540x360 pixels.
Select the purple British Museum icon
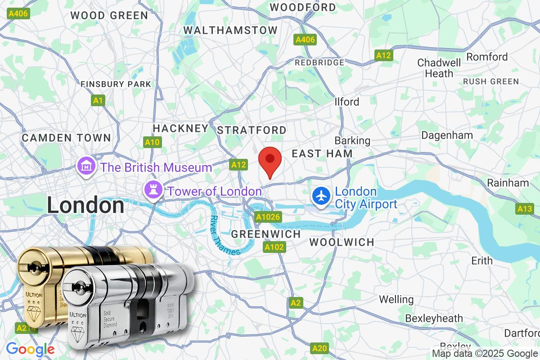click(x=85, y=167)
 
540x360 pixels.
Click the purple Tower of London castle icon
click(x=152, y=190)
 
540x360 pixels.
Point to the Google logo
click(x=30, y=349)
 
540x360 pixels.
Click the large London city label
click(x=85, y=206)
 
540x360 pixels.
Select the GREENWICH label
click(x=265, y=234)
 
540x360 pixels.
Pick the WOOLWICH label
click(x=342, y=242)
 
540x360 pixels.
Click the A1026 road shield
click(x=268, y=217)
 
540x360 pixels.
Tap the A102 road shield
click(x=274, y=247)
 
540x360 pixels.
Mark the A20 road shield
click(x=319, y=348)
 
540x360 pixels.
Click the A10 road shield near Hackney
click(x=153, y=143)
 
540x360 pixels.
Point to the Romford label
click(x=487, y=57)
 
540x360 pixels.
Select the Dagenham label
click(x=447, y=135)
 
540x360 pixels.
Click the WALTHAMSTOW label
click(x=231, y=30)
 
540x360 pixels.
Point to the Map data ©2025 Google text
click(x=485, y=354)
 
